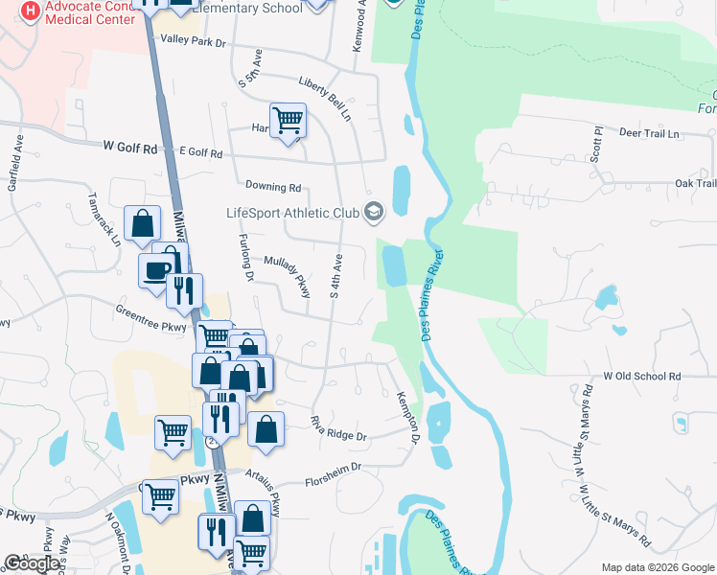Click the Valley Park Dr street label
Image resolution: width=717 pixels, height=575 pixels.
(193, 42)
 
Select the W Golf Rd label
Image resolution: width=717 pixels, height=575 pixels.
(129, 148)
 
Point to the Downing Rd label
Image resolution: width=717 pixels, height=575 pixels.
(273, 187)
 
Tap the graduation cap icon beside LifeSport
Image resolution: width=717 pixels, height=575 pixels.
(373, 211)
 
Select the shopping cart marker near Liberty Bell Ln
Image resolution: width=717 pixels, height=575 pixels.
(288, 121)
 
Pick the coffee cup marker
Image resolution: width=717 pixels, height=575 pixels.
(156, 269)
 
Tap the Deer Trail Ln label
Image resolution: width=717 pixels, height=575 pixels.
(649, 133)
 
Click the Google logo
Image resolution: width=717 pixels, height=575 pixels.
(31, 563)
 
